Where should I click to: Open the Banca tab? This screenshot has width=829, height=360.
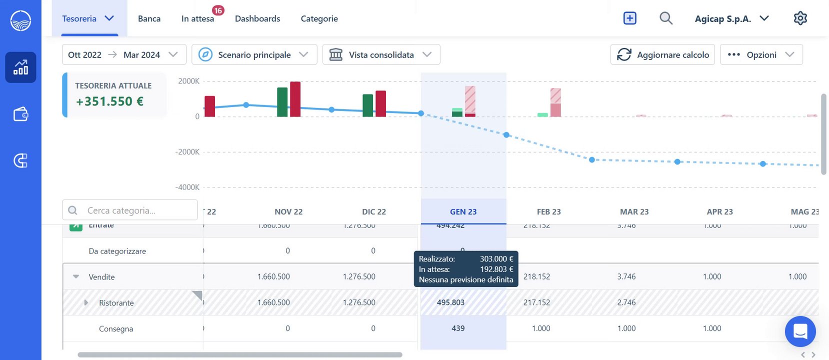click(149, 19)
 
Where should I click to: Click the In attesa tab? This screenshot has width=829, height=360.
click(197, 19)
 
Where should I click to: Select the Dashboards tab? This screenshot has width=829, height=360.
click(257, 19)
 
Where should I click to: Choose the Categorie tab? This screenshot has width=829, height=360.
click(319, 19)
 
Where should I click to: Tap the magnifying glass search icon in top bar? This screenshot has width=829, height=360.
click(665, 18)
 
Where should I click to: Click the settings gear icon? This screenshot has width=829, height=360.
click(800, 18)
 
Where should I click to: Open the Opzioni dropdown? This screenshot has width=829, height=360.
click(761, 54)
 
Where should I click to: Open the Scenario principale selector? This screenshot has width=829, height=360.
click(254, 54)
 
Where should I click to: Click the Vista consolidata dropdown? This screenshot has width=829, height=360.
click(381, 54)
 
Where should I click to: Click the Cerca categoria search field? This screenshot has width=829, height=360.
click(130, 210)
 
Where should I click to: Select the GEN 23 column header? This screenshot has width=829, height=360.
click(463, 211)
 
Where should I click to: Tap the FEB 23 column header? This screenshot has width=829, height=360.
click(548, 211)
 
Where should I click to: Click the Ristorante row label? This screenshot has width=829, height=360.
click(116, 303)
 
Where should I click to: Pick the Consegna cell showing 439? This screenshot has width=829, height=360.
click(458, 328)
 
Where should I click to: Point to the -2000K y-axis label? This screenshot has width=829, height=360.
click(187, 152)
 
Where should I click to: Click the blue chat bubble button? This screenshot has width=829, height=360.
click(800, 331)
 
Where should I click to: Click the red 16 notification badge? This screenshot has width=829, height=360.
click(218, 10)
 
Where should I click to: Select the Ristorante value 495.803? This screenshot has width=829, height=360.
click(450, 302)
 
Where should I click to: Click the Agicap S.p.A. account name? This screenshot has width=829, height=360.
click(722, 19)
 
